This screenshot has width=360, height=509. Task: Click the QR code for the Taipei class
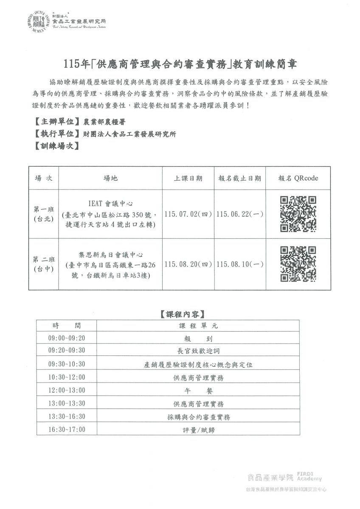point(298,213)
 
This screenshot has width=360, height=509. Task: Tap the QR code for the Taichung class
point(298,264)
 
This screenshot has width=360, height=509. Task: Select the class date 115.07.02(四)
point(188,214)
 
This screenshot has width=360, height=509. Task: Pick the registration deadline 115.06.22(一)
point(239,214)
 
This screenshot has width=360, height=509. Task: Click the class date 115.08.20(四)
point(188,264)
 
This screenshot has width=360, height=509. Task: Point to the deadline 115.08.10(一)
point(239,264)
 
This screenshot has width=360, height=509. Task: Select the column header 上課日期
point(188,178)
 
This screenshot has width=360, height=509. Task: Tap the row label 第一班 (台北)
point(44,214)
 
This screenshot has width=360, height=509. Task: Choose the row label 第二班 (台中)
point(44,264)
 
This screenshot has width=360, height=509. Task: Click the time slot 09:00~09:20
point(67,338)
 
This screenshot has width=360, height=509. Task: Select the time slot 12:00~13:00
point(67,390)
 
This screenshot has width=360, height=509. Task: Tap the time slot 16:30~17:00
point(67,429)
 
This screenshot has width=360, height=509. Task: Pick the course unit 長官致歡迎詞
point(198,351)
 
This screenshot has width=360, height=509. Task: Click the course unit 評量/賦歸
point(198,430)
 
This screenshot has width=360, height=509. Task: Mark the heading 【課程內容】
point(183,314)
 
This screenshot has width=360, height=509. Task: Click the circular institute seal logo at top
point(41,22)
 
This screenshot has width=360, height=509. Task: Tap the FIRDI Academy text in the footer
point(309,476)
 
